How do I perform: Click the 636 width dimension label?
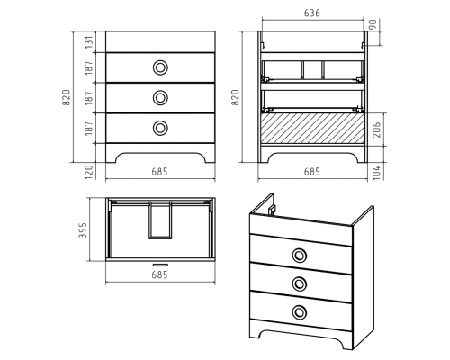click(x=312, y=13)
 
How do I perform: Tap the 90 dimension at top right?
click(x=372, y=23)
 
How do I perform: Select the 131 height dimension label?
click(x=89, y=42)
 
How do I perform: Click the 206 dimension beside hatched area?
click(x=377, y=130)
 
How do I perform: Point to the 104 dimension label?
click(x=377, y=172)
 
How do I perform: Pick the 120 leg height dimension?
click(x=89, y=171)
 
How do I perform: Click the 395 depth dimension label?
click(x=83, y=230)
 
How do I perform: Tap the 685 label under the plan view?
click(x=159, y=274)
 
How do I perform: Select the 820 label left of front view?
click(x=66, y=97)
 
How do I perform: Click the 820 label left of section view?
click(x=235, y=97)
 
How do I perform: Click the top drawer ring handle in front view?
click(x=160, y=67)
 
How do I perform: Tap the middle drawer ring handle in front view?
click(x=160, y=97)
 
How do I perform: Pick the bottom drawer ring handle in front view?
click(x=160, y=128)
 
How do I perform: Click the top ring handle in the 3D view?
click(x=299, y=256)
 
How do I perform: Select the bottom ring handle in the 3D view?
click(x=299, y=311)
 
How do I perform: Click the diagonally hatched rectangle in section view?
click(x=312, y=129)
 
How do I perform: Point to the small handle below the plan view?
click(x=160, y=265)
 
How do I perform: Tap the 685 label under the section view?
click(x=312, y=172)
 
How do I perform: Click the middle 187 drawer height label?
click(x=89, y=98)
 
